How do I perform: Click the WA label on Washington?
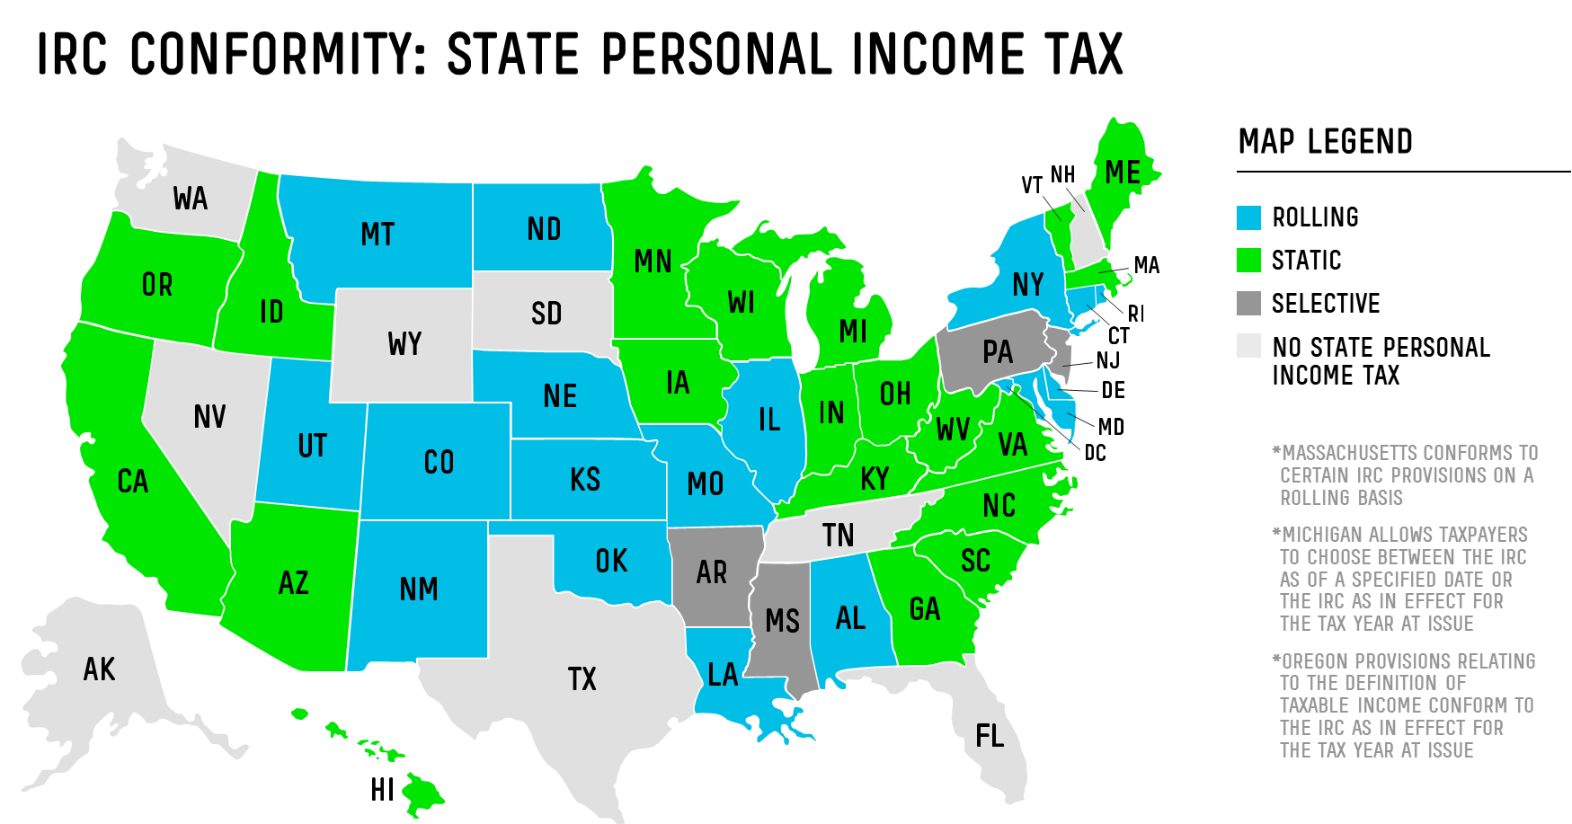191,199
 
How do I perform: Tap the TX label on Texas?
582,679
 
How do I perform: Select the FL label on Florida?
990,737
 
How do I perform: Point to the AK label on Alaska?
99,669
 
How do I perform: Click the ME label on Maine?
1123,173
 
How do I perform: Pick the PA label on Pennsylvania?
998,352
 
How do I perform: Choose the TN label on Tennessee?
838,536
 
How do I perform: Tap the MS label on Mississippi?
782,621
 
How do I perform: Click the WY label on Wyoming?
404,344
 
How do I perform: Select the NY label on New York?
1027,285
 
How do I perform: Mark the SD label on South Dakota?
546,314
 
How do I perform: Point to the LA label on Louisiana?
723,675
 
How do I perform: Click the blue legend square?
1248,218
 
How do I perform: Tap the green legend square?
1248,261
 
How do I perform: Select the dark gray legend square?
1248,304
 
